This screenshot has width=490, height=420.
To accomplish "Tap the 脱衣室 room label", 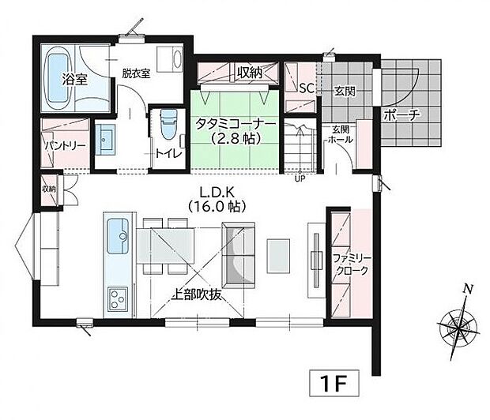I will [x=136, y=73].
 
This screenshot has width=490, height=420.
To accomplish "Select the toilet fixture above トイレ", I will [x=167, y=125].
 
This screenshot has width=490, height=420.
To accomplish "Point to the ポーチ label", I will [x=402, y=114].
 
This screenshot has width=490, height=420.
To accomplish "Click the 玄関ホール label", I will [x=341, y=134].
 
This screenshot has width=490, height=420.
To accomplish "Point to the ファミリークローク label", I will [x=350, y=264].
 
